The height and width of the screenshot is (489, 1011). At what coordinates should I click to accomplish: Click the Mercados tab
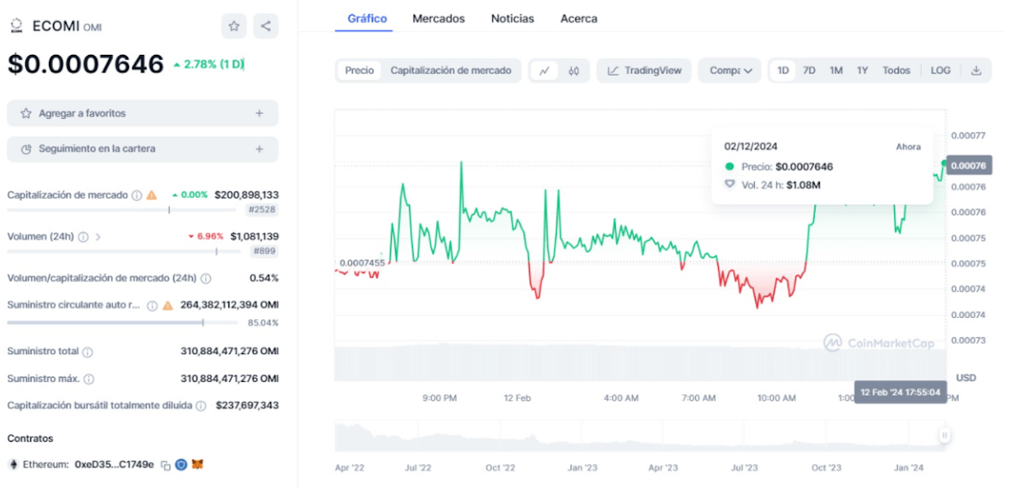pos(438,19)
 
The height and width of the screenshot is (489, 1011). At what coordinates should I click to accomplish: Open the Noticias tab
pos(512,19)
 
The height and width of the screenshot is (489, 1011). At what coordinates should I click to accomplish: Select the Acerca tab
pos(579,19)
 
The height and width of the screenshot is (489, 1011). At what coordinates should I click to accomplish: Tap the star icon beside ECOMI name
pos(234,26)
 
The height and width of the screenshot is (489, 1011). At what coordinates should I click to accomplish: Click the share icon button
pos(265,26)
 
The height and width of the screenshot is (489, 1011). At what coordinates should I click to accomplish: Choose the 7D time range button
pos(809,71)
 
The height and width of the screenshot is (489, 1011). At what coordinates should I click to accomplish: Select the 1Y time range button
pos(862,71)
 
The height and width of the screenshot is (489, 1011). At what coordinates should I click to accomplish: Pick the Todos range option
pos(896,71)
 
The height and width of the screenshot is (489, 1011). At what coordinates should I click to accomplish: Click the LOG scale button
pos(940,71)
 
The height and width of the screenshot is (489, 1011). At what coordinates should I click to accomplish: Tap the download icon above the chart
pos(976,71)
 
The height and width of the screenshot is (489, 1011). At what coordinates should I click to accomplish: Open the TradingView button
pos(645,71)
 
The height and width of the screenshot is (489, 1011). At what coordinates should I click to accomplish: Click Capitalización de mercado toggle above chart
pos(451,71)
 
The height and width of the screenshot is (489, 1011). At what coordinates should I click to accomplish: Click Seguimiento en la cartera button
pos(142,149)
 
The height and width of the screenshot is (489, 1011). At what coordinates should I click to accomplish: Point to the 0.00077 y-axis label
pos(968,135)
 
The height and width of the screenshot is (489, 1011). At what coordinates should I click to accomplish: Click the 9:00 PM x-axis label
pos(440,398)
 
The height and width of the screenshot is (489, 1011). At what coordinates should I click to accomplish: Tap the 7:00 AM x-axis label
pos(698,398)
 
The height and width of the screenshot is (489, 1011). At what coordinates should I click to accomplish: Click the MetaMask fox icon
pos(197,465)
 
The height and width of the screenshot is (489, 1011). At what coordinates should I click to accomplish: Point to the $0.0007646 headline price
pos(86,64)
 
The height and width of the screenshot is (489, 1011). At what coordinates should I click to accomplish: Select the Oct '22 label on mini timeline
pos(500,467)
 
